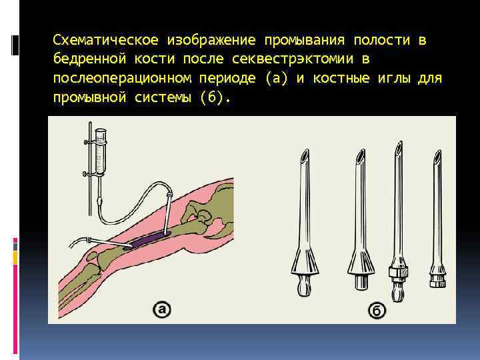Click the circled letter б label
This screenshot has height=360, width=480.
tap(376, 310)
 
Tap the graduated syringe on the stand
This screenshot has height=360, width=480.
tap(100, 149)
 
